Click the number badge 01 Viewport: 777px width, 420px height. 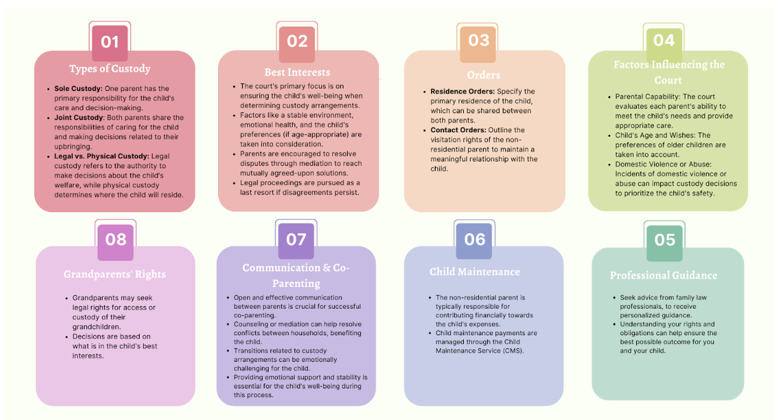[110, 42]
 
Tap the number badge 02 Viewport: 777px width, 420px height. [297, 41]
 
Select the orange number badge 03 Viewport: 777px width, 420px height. [479, 41]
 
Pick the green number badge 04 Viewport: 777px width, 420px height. [664, 41]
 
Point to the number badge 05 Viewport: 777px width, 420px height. [665, 240]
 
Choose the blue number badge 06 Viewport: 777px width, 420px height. [475, 240]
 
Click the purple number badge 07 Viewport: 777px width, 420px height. [296, 240]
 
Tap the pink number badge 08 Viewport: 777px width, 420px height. [115, 240]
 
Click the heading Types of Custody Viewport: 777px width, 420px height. [110, 69]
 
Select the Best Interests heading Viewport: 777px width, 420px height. [297, 72]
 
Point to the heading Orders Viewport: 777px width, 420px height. [484, 75]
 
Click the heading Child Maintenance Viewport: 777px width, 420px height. [475, 272]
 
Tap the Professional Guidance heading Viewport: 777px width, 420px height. [664, 275]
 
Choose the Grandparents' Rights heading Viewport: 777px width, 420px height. [115, 274]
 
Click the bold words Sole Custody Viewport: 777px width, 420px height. [78, 88]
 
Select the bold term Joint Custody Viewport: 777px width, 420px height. [79, 118]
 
